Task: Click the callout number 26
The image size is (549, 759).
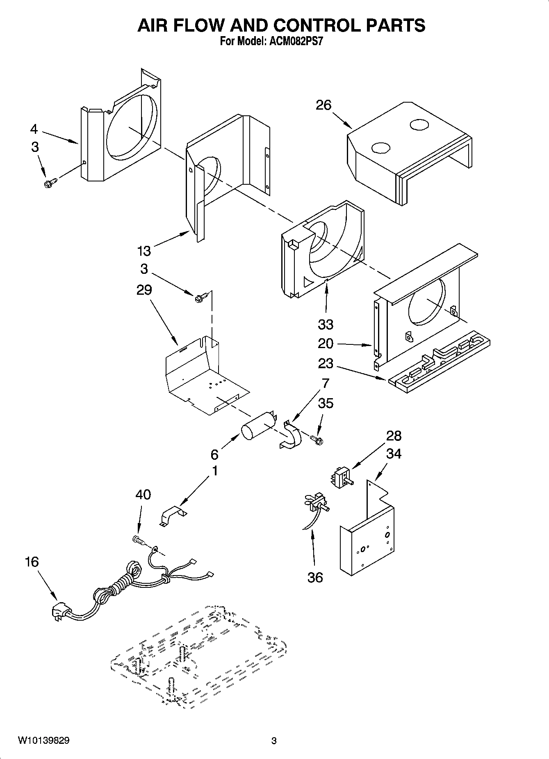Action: (323, 105)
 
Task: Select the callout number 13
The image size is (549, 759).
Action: (144, 250)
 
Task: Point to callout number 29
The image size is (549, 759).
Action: (144, 290)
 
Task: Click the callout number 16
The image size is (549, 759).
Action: (32, 562)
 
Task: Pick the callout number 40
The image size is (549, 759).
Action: (143, 494)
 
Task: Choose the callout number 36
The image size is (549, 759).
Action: (315, 577)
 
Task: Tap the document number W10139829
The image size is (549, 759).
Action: (43, 741)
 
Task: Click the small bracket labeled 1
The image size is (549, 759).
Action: (172, 516)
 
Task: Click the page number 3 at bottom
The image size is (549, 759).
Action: (274, 741)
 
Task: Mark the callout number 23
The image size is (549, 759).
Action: (326, 363)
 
